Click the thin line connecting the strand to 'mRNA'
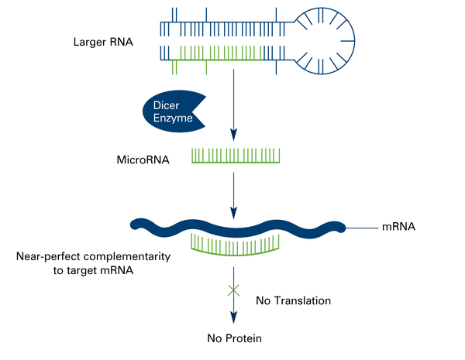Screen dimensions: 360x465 point(360,228)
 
